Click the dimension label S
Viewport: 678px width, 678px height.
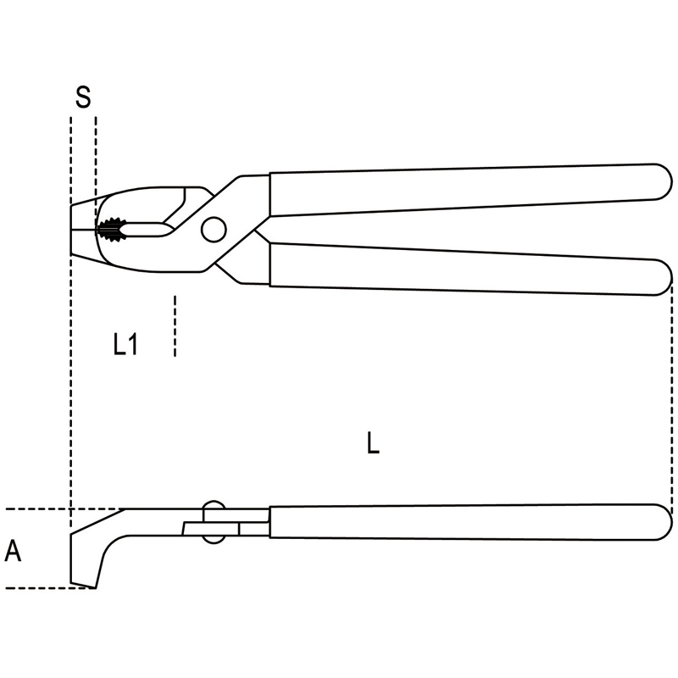click(83, 97)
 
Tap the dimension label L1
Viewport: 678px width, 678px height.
click(125, 345)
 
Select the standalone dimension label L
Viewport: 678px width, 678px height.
click(373, 442)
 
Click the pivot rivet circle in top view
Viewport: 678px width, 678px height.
click(214, 229)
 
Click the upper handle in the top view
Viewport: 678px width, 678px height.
click(470, 189)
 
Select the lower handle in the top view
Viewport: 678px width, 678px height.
click(470, 269)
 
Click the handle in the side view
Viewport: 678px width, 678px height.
click(470, 522)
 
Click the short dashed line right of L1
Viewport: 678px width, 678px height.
click(175, 326)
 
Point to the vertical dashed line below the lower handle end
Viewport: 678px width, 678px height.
click(671, 396)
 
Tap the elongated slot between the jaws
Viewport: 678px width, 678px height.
click(145, 229)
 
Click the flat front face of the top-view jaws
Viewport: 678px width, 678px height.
click(70, 230)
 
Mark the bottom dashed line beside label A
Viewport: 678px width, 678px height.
click(50, 588)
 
